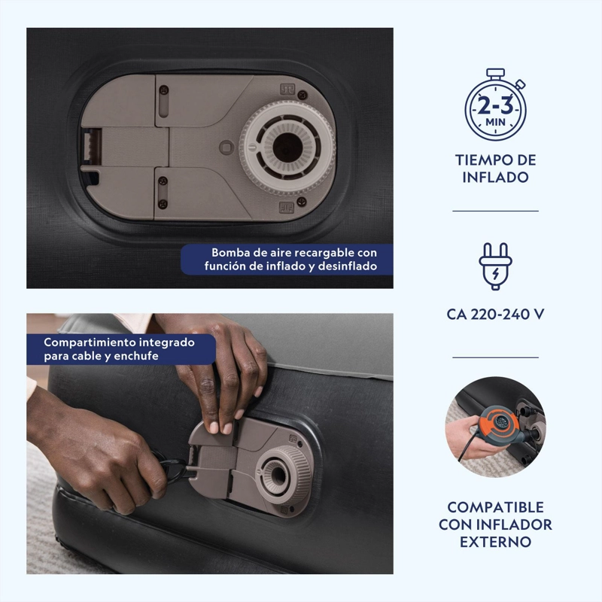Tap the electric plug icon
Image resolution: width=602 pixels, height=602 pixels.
[x=495, y=266]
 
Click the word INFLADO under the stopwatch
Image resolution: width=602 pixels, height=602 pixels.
[x=495, y=178]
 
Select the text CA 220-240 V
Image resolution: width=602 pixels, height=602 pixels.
[x=495, y=315]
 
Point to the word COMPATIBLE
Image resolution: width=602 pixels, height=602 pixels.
[x=495, y=507]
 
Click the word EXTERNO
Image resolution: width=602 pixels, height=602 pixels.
[x=495, y=542]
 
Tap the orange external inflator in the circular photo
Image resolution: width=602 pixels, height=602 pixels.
[x=500, y=425]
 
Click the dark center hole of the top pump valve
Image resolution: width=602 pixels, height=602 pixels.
[x=287, y=147]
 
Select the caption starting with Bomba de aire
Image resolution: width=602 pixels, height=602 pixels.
[x=290, y=259]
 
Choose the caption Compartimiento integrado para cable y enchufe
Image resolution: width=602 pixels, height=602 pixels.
[x=119, y=349]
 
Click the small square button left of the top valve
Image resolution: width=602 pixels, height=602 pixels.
[x=227, y=147]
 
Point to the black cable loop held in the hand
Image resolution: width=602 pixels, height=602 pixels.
[x=171, y=467]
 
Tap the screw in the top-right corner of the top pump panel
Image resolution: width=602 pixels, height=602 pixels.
[x=303, y=95]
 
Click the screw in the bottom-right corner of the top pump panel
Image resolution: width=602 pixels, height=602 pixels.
[x=302, y=201]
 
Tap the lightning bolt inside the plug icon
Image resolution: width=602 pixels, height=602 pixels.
[x=496, y=274]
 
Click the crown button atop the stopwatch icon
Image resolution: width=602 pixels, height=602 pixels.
[x=495, y=73]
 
